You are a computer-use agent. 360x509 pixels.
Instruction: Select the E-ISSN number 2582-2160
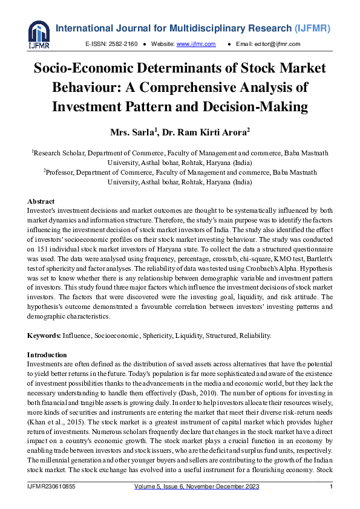point(123,44)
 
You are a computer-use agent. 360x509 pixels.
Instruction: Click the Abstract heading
point(41,201)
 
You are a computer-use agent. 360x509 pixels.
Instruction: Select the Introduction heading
point(47,355)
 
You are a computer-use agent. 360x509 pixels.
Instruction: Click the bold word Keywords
point(44,335)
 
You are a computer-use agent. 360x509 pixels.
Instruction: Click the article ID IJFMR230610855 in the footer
point(52,486)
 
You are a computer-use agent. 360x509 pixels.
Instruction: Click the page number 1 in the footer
point(331,486)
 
